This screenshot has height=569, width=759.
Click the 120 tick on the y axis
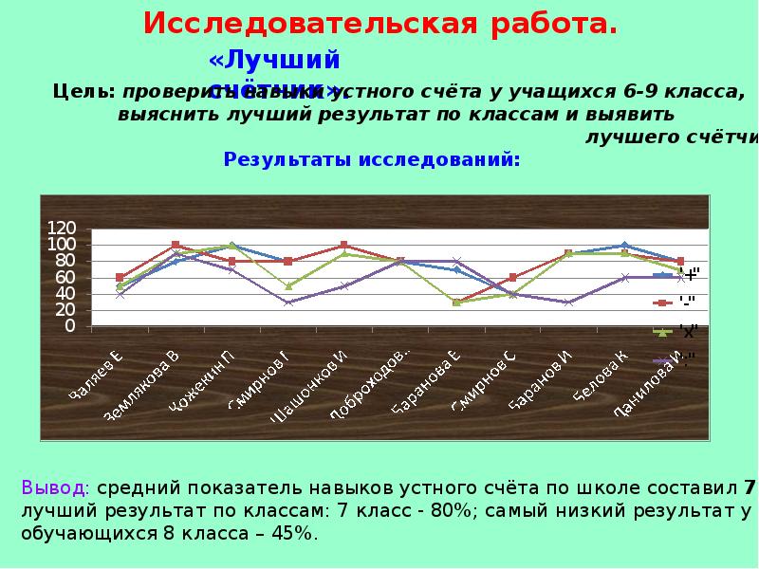point(62,229)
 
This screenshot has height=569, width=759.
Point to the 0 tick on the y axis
point(69,326)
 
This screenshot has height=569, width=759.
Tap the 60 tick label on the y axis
point(65,278)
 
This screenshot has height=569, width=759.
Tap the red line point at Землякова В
point(176,245)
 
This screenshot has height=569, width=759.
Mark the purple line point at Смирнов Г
point(287,303)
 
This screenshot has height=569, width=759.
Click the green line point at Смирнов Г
point(287,285)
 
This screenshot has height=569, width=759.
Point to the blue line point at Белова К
point(623,246)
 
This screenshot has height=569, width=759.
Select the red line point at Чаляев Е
point(120,278)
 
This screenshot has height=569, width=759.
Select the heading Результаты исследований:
point(372,158)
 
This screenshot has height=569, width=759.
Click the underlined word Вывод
point(54,488)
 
